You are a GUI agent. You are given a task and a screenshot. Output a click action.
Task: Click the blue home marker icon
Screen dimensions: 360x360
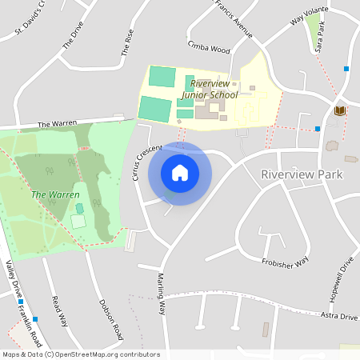180,173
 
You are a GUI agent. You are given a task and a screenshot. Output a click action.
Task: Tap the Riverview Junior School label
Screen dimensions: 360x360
210,89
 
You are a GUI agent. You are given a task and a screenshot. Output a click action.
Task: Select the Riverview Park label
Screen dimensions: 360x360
302,174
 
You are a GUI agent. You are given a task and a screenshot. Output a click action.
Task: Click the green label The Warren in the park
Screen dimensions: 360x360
55,194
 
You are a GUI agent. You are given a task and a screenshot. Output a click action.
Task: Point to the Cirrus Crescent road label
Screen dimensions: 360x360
146,162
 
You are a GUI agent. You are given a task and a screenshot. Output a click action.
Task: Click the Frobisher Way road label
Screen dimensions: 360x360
285,262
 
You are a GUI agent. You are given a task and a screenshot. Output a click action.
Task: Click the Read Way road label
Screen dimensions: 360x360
59,310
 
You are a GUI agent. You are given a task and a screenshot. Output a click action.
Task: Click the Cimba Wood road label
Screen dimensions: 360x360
208,49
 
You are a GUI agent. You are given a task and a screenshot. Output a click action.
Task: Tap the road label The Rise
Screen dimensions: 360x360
127,42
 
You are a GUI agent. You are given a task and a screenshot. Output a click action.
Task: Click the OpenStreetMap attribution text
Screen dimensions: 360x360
81,354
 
